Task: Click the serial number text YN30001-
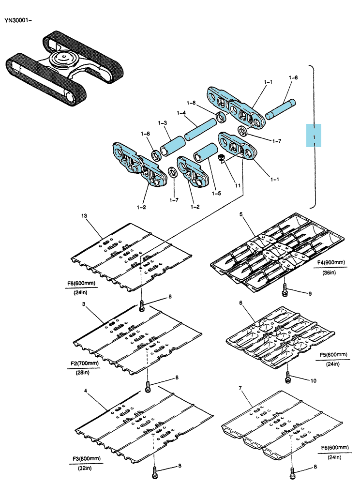point(18,20)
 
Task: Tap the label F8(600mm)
point(81,283)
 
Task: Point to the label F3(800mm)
point(87,458)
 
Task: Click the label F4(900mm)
point(331,262)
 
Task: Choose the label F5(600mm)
point(333,355)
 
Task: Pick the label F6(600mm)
point(335,447)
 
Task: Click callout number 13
point(84,216)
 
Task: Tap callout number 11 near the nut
point(238,185)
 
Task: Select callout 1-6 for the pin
point(293,77)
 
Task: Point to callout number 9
point(310,294)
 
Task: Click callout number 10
point(313,380)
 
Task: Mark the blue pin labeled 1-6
point(280,109)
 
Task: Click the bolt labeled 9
point(285,290)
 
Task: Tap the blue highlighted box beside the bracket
point(314,136)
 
